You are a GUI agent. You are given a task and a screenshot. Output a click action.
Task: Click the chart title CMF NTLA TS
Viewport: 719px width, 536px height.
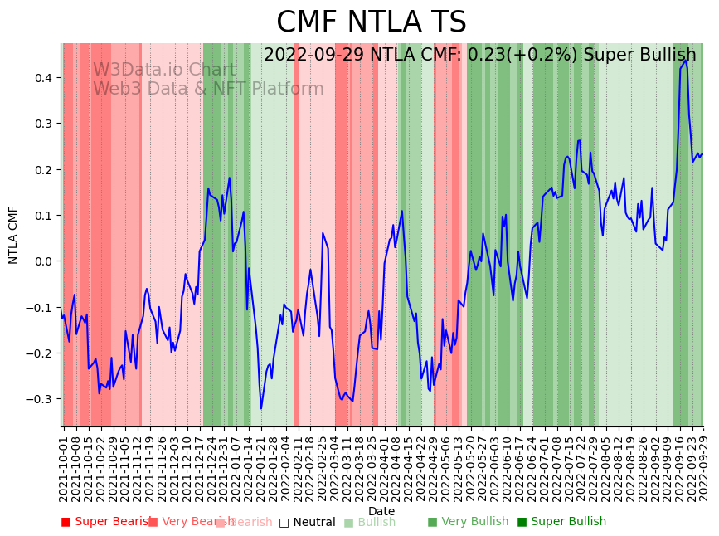pyautogui.click(x=371, y=22)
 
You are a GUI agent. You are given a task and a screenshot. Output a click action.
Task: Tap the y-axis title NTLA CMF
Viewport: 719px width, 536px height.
pyautogui.click(x=13, y=235)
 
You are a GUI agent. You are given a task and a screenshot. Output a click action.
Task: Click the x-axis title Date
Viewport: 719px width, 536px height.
pyautogui.click(x=381, y=511)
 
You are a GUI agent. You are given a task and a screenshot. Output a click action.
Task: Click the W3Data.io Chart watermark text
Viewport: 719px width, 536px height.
pyautogui.click(x=164, y=71)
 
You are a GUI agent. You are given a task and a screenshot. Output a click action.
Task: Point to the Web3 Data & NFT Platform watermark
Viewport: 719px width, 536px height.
pyautogui.click(x=208, y=89)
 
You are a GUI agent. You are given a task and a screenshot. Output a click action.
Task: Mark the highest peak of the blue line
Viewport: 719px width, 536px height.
pyautogui.click(x=685, y=61)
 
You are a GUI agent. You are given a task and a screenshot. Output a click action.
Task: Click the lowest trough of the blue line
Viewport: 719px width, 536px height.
pyautogui.click(x=261, y=408)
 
